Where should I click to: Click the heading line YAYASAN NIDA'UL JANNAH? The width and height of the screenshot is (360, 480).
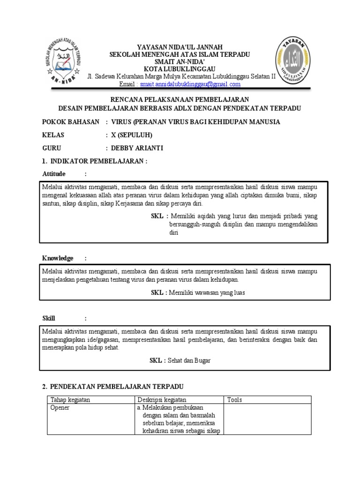point(180,47)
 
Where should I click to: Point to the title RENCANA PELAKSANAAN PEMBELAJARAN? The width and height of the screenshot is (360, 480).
point(180,100)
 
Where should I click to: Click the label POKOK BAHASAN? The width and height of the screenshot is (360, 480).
point(71,122)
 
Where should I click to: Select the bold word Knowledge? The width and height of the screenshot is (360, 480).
point(58,258)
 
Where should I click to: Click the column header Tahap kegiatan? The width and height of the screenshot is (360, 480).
point(70,400)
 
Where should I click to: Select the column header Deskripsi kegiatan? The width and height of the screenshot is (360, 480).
point(162,400)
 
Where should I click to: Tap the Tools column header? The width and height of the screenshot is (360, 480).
point(234,400)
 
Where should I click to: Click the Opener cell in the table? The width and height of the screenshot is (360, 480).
point(60,408)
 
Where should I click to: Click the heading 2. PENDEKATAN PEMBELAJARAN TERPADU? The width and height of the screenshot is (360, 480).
point(112,386)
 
